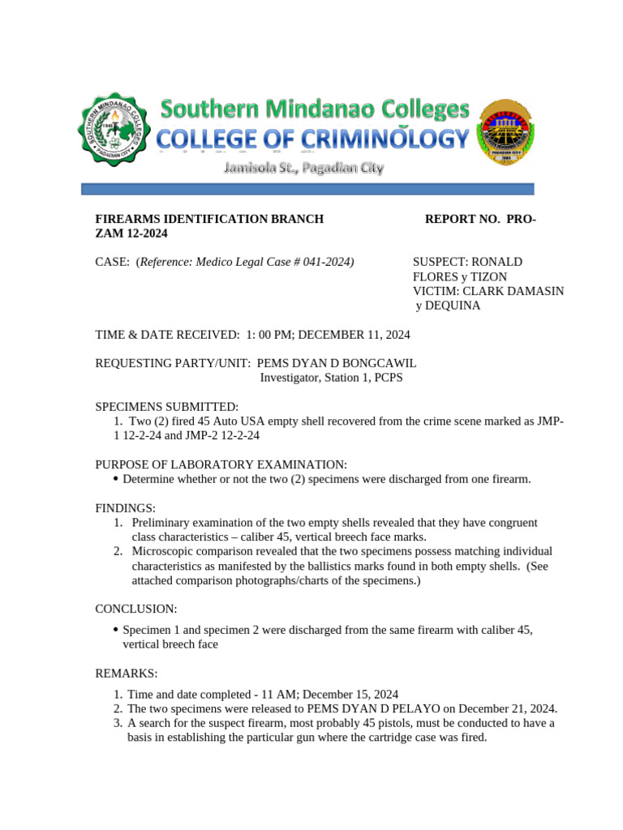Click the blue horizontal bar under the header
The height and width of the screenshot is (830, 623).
[307, 189]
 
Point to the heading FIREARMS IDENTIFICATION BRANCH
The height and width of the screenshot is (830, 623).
[209, 219]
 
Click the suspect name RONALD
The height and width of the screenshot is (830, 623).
[496, 262]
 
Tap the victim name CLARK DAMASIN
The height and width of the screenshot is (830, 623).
[512, 291]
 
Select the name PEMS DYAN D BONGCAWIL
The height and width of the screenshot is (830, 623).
[337, 363]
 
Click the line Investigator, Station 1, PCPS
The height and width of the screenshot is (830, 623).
[331, 378]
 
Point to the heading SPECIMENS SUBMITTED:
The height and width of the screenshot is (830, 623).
[167, 406]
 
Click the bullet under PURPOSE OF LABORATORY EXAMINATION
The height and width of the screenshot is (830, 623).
[116, 479]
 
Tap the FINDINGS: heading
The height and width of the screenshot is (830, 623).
[126, 507]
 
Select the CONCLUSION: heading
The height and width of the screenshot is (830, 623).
[136, 609]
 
